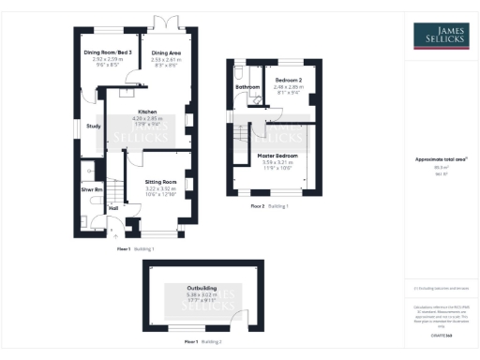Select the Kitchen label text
click(x=146, y=111)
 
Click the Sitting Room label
click(x=160, y=182)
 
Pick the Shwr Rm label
click(x=91, y=190)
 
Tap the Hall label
click(x=114, y=208)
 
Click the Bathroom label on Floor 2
click(x=247, y=87)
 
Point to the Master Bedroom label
click(x=278, y=155)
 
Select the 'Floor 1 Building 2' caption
click(x=202, y=342)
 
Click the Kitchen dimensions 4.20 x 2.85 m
click(x=146, y=118)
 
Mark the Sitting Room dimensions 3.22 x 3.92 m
click(x=160, y=188)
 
